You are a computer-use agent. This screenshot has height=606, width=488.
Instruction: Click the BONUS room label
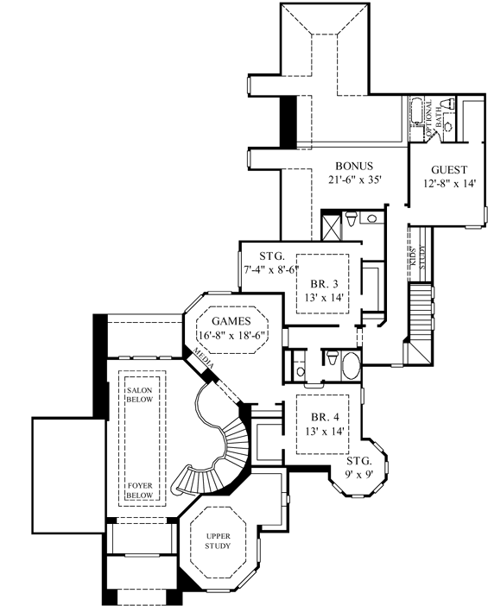click(x=354, y=166)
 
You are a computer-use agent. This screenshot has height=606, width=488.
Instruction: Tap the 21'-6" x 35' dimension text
click(x=354, y=180)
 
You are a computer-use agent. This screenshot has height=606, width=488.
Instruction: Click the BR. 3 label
click(x=324, y=282)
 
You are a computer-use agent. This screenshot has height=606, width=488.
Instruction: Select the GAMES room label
click(x=231, y=319)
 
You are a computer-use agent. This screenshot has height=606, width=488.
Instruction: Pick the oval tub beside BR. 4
click(x=351, y=366)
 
